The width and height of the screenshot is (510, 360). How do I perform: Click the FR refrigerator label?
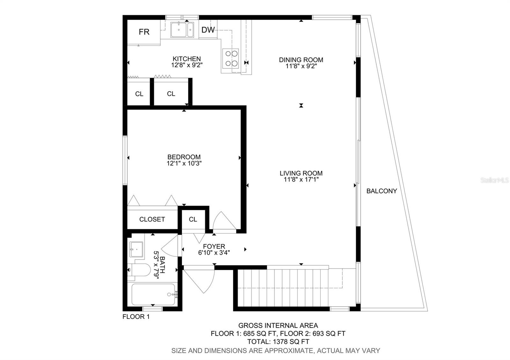coord(144,32)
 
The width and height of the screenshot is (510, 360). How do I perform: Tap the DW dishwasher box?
coord(208,30)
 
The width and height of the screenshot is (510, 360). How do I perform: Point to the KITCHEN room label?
coord(187,59)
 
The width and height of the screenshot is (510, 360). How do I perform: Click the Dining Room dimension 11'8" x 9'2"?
coord(301,66)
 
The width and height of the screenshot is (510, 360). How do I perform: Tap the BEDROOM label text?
coord(184,157)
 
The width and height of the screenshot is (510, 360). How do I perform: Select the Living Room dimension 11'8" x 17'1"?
coord(301,180)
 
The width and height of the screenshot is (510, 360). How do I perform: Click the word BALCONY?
coord(382,191)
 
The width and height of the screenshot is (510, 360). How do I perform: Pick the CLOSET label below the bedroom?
coord(152,220)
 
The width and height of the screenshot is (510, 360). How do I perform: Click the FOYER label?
coord(214,246)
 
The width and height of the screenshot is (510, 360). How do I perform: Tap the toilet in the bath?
coord(140,270)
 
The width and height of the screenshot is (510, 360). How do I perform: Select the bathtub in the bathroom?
coord(153,295)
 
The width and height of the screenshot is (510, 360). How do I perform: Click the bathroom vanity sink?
coord(136,249)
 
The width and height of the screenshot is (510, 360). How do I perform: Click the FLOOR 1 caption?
coord(136,317)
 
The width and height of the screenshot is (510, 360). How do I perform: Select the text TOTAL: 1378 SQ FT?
coord(278,342)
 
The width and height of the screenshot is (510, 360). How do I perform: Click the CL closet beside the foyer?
coord(193,220)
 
